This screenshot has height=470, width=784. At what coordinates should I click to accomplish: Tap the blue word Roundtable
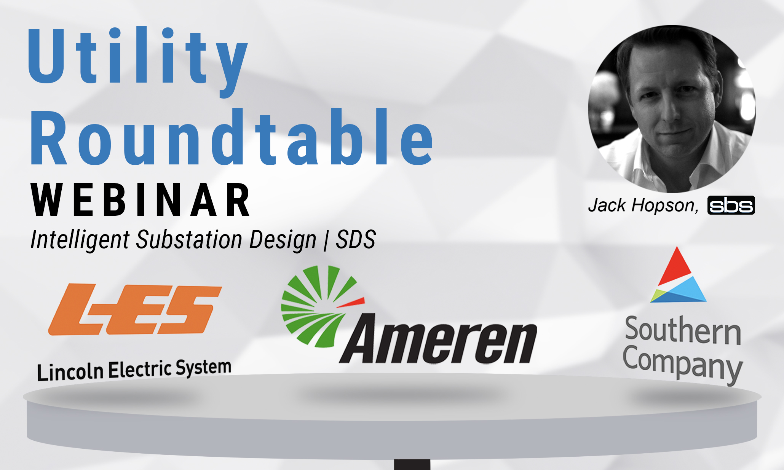[x=232, y=138]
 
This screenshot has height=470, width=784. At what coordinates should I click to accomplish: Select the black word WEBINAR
[x=140, y=200]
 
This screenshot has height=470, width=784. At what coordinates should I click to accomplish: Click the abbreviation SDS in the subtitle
[x=356, y=240]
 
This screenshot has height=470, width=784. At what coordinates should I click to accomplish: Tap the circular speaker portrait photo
[x=672, y=109]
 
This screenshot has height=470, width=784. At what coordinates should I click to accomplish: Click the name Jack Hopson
[x=643, y=206]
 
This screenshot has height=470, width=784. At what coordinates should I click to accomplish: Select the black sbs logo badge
[x=731, y=206]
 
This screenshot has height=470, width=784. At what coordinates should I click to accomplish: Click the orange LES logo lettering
[x=135, y=309]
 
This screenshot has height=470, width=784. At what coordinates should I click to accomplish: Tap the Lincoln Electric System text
[x=134, y=370]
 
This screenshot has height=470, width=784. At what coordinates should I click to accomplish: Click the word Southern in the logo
[x=683, y=330]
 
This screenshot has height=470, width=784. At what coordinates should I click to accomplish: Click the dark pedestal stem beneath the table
[x=412, y=465]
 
